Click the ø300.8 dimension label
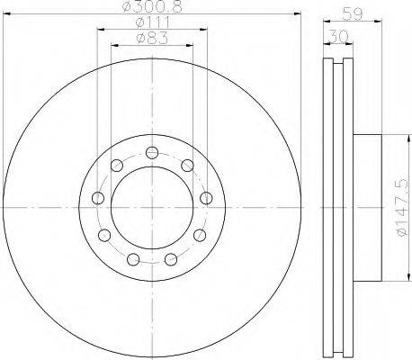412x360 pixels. tap(153, 6)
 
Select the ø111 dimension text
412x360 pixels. tap(153, 22)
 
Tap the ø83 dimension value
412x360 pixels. tap(152, 38)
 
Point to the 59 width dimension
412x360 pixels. tap(353, 14)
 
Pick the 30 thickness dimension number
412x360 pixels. tap(338, 36)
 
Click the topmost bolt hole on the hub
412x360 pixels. tap(152, 153)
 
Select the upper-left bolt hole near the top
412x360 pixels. tap(117, 166)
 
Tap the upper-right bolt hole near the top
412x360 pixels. tap(187, 166)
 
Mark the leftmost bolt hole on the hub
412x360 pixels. tap(98, 198)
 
